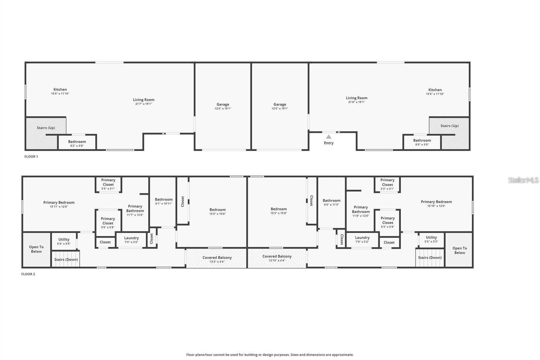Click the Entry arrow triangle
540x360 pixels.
[329, 137]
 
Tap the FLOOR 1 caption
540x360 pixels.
[31, 157]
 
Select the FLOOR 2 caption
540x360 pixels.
[28, 274]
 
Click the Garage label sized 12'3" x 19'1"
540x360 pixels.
[223, 106]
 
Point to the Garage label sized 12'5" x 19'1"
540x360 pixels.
[280, 106]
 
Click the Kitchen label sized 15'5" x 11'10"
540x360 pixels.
[60, 91]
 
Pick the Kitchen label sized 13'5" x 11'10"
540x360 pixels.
[435, 92]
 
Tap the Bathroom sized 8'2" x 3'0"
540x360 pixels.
[77, 143]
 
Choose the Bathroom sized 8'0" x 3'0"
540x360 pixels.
[422, 142]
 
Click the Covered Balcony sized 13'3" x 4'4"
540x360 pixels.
[217, 259]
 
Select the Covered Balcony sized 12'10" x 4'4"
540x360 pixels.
[277, 258]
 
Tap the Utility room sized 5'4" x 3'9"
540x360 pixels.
[64, 241]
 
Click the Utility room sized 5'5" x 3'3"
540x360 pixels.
[431, 239]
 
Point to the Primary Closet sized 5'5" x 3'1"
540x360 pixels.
[108, 184]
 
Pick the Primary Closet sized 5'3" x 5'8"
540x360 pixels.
[387, 222]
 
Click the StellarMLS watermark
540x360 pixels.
[523, 180]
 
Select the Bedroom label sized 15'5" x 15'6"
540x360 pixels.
[217, 211]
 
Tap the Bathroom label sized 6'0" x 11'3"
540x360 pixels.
[331, 202]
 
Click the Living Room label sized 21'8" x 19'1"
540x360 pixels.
[356, 100]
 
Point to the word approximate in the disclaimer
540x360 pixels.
[343, 355]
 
